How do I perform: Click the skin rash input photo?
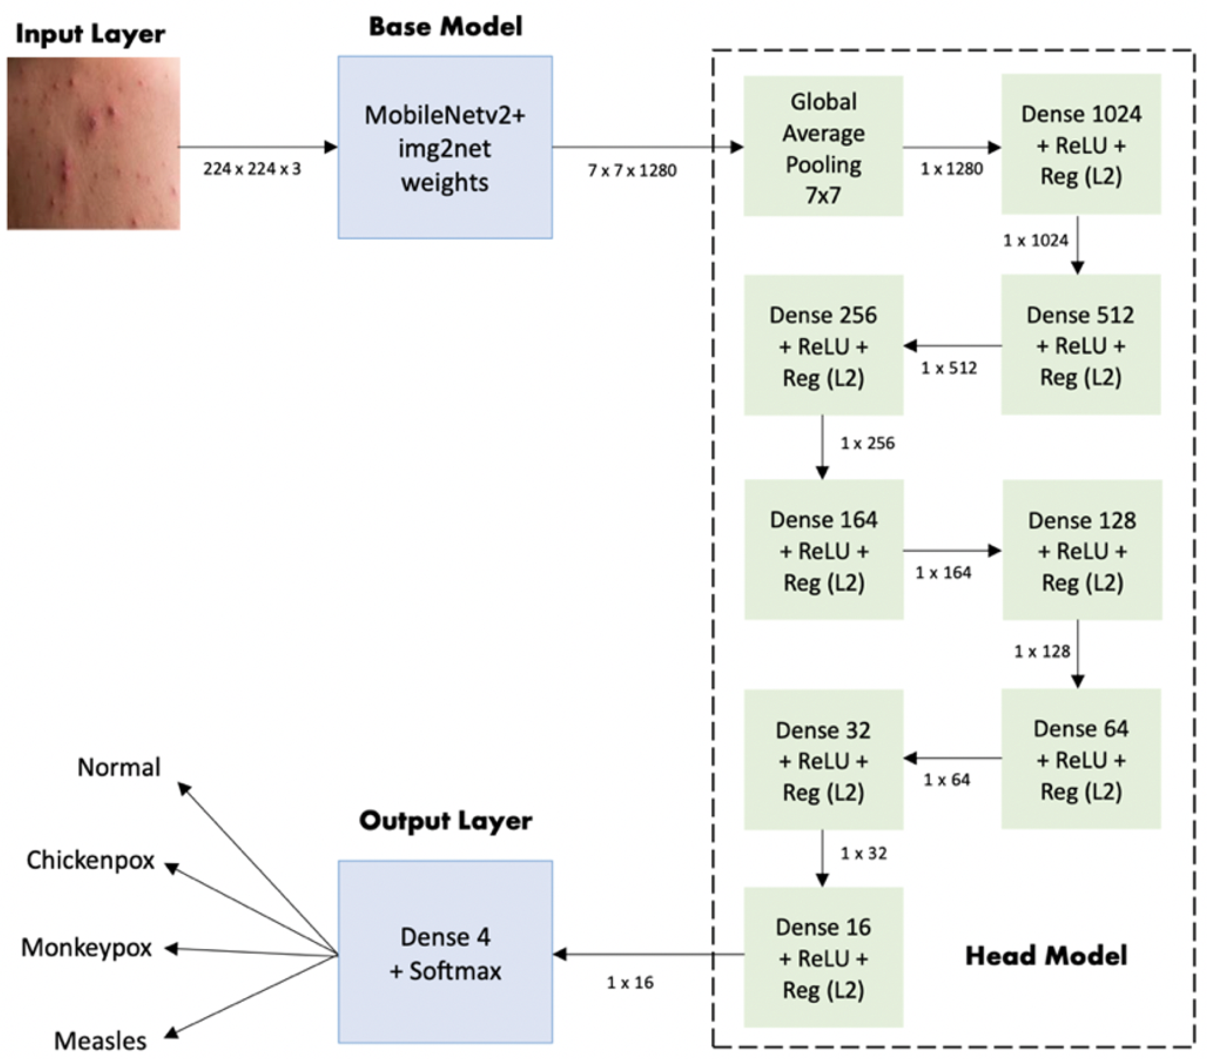point(93,143)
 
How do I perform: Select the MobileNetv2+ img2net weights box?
point(445,147)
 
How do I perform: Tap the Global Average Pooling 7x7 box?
point(822,146)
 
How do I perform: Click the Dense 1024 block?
point(1080,145)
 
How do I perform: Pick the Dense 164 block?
point(823,550)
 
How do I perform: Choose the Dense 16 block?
point(823,958)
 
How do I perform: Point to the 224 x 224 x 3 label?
point(252,169)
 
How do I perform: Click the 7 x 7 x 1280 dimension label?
point(632,170)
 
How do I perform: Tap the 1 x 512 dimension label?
point(949,368)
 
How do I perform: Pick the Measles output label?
point(100,1041)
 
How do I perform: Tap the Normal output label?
point(119,767)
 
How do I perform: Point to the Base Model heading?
point(445,27)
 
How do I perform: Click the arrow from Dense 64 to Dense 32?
point(952,758)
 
